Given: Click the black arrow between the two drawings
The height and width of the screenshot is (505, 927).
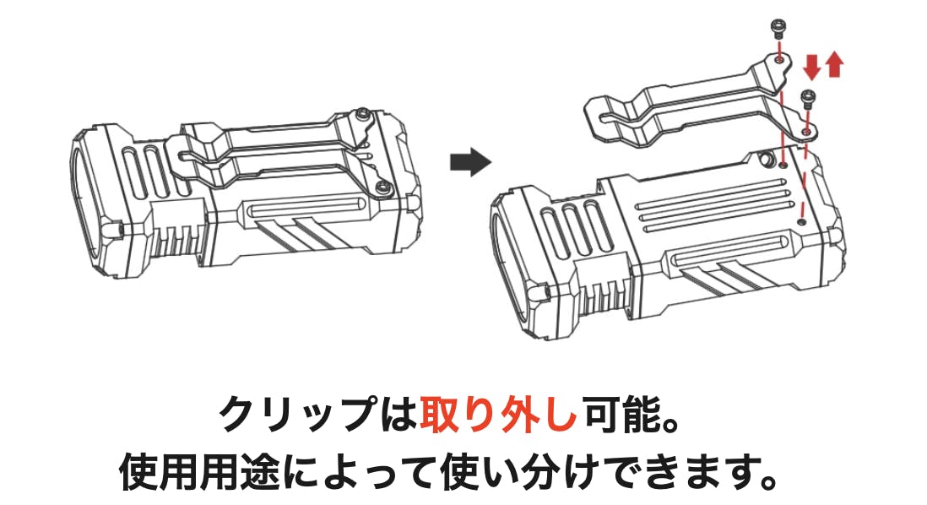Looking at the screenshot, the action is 470,161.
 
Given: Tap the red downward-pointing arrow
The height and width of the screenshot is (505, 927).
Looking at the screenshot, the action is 812,67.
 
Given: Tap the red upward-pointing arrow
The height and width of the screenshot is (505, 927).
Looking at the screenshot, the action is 834,64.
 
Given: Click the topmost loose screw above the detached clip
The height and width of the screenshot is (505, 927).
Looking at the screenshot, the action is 778,27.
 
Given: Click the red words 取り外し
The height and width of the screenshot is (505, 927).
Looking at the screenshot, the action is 498,415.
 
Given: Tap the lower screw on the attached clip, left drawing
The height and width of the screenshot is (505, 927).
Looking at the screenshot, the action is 384,188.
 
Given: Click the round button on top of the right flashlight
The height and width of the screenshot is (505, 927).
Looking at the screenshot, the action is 767,159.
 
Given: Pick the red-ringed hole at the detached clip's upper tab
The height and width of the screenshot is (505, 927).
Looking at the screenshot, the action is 780,59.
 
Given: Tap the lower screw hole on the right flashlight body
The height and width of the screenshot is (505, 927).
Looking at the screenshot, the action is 802,222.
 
